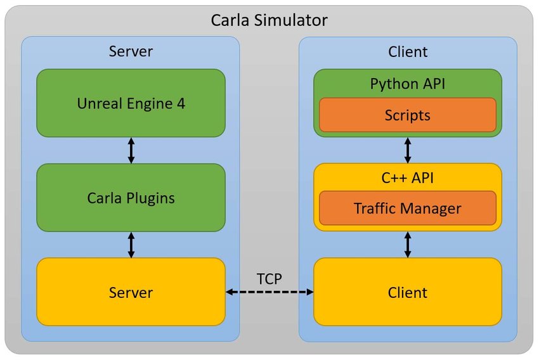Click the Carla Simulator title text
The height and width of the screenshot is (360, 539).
click(x=269, y=20)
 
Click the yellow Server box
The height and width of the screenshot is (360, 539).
click(x=131, y=292)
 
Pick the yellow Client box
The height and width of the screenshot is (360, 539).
click(x=408, y=292)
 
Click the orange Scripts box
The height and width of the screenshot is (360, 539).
click(x=407, y=115)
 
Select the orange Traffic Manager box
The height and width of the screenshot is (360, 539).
click(x=407, y=208)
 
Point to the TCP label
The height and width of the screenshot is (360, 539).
click(x=269, y=278)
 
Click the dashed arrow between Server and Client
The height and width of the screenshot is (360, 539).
click(x=270, y=292)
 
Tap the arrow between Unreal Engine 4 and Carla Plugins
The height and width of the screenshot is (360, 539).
click(x=131, y=150)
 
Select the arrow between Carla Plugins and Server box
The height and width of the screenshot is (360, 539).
click(x=131, y=245)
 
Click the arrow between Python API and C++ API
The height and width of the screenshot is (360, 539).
click(x=408, y=150)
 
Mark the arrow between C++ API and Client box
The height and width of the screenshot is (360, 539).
click(x=408, y=244)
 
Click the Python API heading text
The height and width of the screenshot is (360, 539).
click(x=407, y=84)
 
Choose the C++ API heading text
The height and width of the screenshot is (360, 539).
click(x=407, y=179)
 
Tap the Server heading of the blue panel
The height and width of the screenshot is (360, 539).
click(x=131, y=52)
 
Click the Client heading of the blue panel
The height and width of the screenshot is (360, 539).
click(x=408, y=52)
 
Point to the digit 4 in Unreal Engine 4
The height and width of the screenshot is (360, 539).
click(x=181, y=103)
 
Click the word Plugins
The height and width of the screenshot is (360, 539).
click(x=150, y=198)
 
